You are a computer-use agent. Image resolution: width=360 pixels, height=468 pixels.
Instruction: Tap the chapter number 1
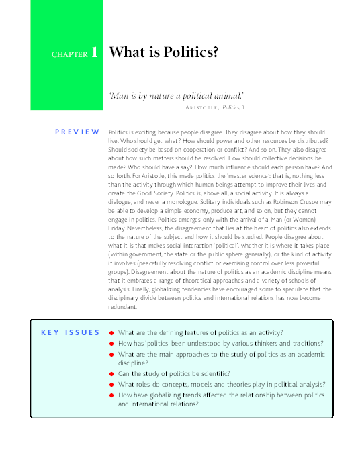click(x=95, y=53)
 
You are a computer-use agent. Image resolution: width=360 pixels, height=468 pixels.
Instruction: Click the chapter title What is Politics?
click(x=164, y=52)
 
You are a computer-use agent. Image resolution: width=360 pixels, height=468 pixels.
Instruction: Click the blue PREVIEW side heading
click(x=77, y=132)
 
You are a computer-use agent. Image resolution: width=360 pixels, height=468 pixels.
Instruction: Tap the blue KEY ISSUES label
click(x=70, y=332)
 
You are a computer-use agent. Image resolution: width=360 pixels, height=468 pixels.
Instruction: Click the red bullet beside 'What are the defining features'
click(x=111, y=333)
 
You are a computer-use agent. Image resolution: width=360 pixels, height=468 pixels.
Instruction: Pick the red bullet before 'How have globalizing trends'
click(x=111, y=395)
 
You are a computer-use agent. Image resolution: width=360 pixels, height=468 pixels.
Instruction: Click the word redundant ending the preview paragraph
click(x=122, y=306)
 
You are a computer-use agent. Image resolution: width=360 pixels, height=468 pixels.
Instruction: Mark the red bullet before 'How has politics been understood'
click(x=111, y=343)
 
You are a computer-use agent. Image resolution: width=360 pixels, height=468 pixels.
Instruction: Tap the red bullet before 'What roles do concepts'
click(x=111, y=385)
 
